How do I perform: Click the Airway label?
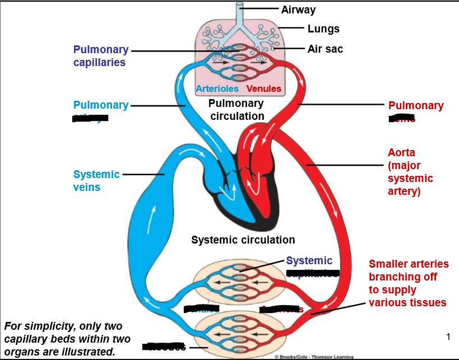[x=298, y=10]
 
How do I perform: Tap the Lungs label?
[x=323, y=29]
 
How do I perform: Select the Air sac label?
[x=325, y=49]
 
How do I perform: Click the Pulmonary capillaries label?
[x=100, y=56]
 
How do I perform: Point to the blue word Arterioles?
[x=217, y=88]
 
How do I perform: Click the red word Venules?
[x=264, y=88]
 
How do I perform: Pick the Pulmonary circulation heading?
[x=236, y=110]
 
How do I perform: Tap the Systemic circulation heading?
[x=243, y=240]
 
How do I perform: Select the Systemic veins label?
[x=96, y=180]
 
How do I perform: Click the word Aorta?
[x=401, y=152]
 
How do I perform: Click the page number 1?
[x=448, y=336]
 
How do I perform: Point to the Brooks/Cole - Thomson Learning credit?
[x=314, y=357]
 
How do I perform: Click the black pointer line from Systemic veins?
[x=143, y=175]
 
